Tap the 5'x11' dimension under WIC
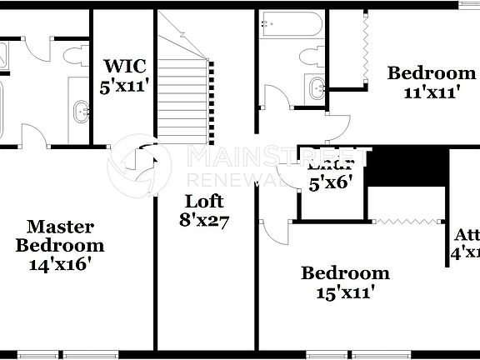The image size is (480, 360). click(x=125, y=86)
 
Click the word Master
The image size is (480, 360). click(x=60, y=227)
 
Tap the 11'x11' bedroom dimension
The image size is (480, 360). click(x=425, y=92)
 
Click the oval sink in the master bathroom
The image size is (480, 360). click(x=81, y=109)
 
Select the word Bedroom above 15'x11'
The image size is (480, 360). click(x=345, y=272)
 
